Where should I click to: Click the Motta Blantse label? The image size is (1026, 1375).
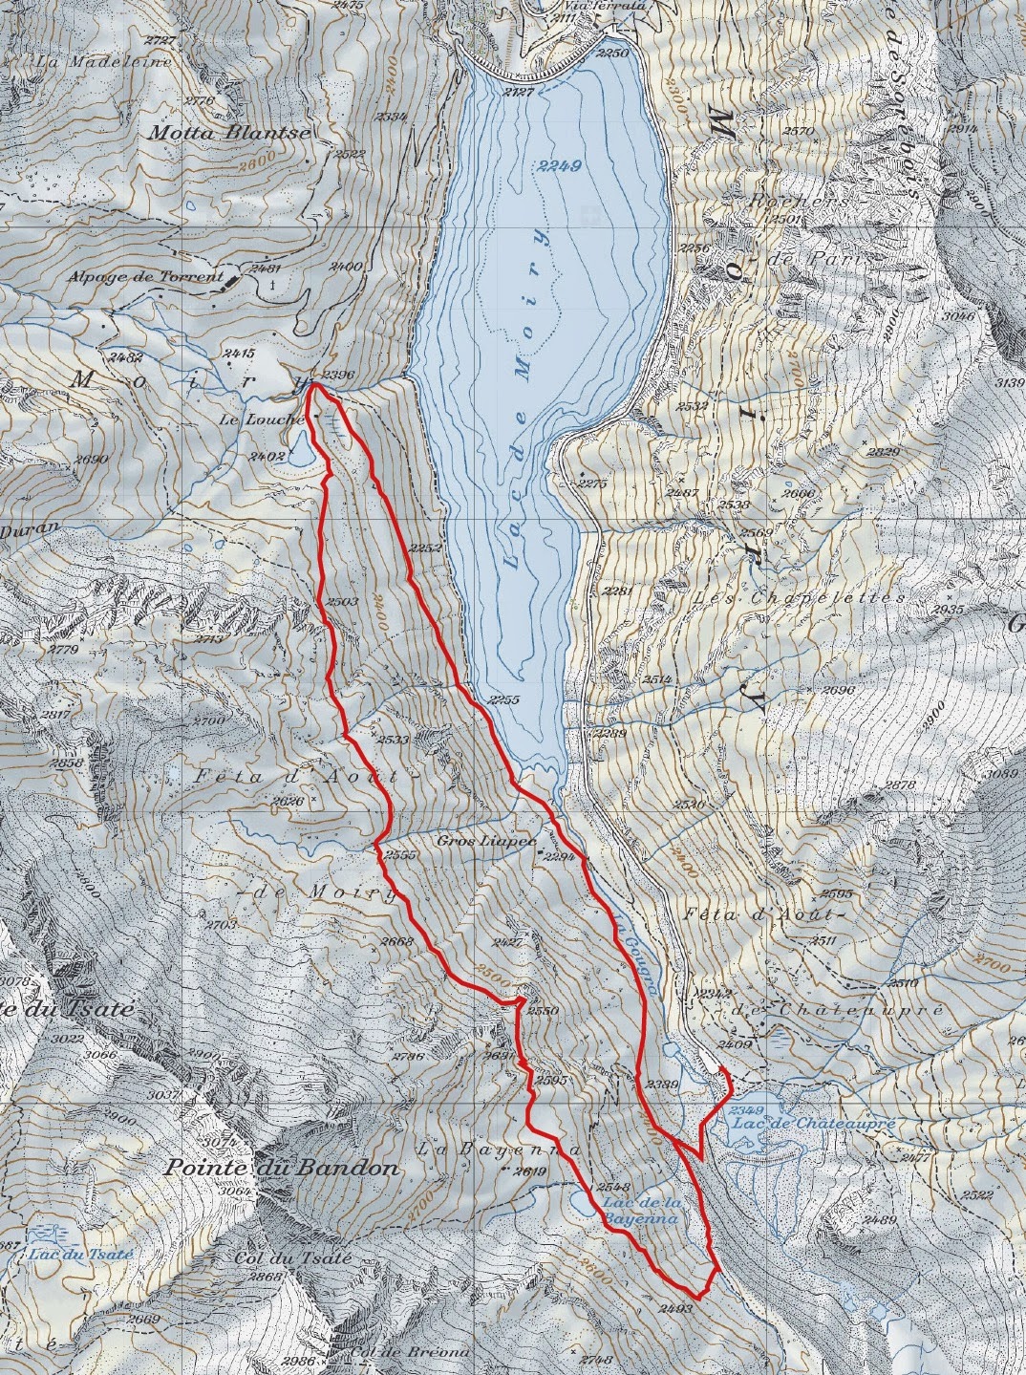(228, 133)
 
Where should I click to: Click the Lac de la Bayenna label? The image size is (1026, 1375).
(640, 1213)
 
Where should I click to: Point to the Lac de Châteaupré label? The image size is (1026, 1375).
(813, 1124)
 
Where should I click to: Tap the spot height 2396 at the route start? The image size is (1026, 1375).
(338, 375)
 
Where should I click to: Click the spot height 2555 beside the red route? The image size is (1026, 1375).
(401, 856)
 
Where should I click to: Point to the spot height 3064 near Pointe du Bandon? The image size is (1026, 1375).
(232, 1192)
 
